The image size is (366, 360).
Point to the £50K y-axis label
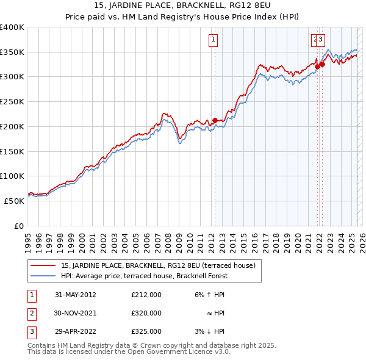[14, 201]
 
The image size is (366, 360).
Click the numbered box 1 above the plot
[214, 40]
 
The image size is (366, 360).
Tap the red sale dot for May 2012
[215, 120]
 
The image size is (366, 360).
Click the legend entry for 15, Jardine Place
[162, 265]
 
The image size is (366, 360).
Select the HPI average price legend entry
[144, 276]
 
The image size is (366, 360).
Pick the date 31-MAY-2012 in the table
[76, 294]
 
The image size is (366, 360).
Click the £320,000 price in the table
[146, 313]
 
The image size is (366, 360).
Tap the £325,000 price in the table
[146, 331]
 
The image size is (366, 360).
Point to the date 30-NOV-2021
[76, 313]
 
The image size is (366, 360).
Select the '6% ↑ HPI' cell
[208, 294]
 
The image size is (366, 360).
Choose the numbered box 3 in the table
[30, 331]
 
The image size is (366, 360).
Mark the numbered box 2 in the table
[30, 313]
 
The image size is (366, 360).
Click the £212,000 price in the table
[146, 294]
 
